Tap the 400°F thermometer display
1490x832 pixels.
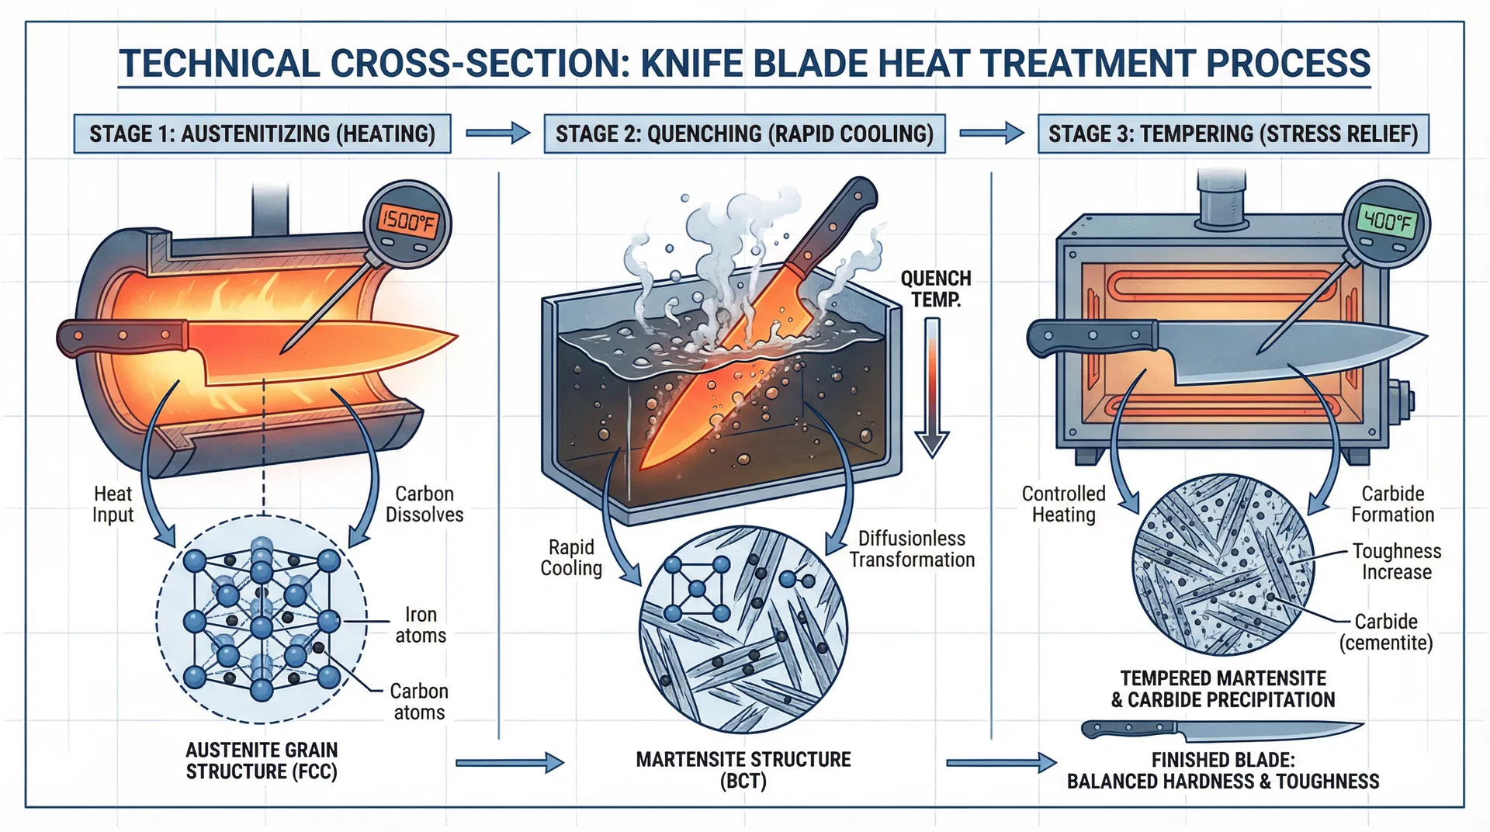pos(1387,223)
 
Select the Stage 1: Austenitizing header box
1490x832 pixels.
pos(262,133)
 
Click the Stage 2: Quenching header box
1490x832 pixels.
pos(744,133)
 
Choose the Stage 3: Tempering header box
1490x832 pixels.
pos(1232,133)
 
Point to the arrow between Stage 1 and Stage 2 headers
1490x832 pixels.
pos(497,133)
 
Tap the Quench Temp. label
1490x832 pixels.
pos(935,289)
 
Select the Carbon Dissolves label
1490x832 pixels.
pos(424,504)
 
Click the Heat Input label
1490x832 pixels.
pos(113,504)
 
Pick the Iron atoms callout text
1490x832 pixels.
pos(421,625)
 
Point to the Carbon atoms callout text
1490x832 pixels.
pos(419,702)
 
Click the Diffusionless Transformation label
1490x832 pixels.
pos(912,549)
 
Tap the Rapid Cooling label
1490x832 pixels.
pos(571,557)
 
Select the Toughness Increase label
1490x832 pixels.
pos(1397,561)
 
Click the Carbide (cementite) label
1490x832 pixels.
pos(1386,632)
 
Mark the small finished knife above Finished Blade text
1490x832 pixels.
pos(1221,730)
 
